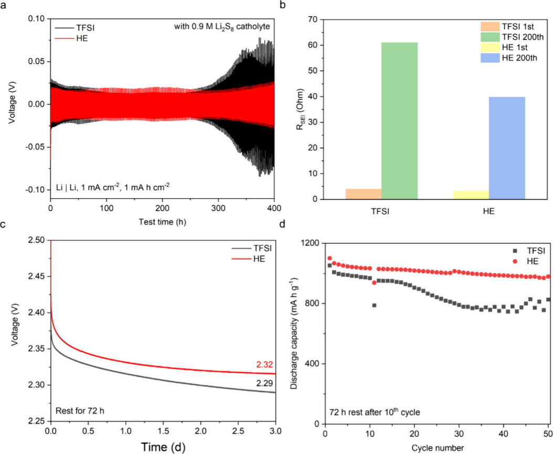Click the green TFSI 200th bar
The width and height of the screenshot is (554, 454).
400,121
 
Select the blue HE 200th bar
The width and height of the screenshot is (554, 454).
507,148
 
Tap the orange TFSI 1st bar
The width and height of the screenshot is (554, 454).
363,194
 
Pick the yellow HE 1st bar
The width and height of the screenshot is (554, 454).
471,195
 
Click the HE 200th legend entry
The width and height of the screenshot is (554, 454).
509,58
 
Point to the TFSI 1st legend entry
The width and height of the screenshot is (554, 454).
507,26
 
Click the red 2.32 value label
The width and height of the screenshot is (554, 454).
264,365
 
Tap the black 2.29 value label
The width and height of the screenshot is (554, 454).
264,383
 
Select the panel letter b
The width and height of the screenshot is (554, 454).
282,6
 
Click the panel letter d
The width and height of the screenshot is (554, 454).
282,224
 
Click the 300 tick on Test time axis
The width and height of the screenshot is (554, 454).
218,208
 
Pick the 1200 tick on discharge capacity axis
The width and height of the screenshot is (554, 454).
310,243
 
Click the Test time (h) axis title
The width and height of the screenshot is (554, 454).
163,222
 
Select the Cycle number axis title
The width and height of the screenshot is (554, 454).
437,448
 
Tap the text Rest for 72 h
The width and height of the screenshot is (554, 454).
80,411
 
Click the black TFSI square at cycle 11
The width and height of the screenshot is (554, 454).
374,305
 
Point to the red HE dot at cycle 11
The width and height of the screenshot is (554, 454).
374,283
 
